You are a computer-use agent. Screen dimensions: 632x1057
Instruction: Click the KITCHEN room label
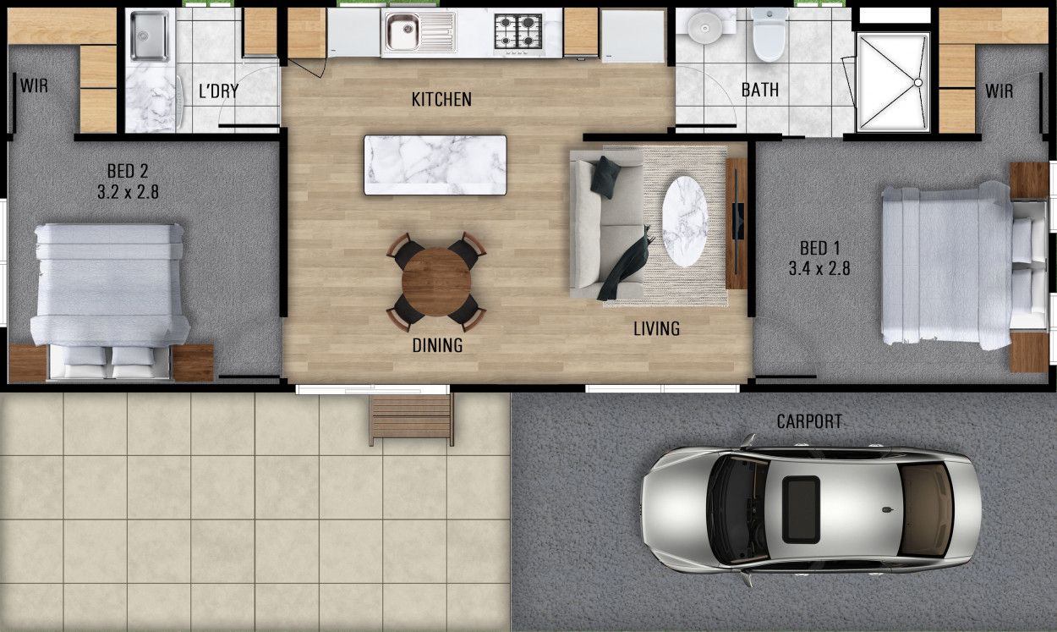(x=441, y=100)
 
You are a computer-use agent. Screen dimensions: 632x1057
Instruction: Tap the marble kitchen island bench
(x=435, y=165)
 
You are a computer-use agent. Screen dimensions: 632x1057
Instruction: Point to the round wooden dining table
(x=436, y=282)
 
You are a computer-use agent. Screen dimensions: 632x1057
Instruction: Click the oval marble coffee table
(x=685, y=221)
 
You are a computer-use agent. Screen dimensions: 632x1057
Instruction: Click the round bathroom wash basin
(x=701, y=30)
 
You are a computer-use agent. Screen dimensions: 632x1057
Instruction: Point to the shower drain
(x=917, y=83)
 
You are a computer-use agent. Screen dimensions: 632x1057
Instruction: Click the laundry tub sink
(x=150, y=36)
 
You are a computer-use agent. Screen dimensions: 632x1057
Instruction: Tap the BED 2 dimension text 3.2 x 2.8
(x=128, y=192)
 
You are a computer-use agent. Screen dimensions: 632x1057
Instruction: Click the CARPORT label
(x=809, y=420)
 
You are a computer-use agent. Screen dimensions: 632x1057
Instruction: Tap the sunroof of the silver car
(x=800, y=508)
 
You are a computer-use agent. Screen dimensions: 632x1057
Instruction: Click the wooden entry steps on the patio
(x=411, y=418)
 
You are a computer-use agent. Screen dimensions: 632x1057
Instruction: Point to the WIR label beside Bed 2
(x=34, y=86)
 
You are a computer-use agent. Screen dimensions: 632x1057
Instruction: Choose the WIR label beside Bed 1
(x=999, y=91)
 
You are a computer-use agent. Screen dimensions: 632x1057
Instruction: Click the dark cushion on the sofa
(x=605, y=177)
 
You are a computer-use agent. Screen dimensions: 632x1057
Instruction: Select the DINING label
(x=437, y=345)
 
